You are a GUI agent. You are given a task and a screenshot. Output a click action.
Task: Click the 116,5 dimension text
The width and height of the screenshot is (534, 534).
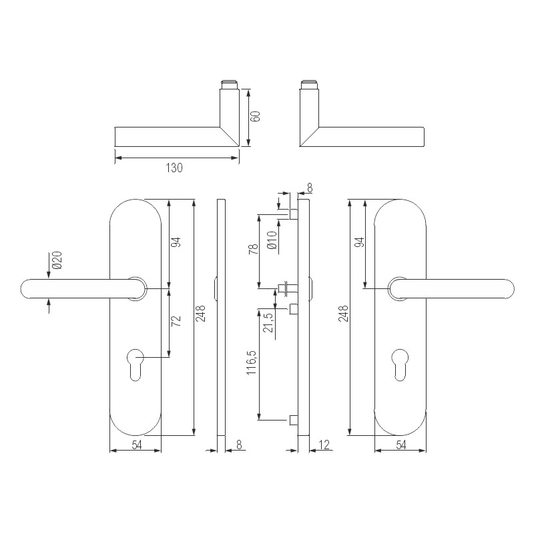pos(252,377)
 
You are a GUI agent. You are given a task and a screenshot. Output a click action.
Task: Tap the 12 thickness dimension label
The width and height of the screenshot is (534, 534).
pos(325,445)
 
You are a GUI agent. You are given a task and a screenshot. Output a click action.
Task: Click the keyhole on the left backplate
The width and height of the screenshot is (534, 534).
pos(136,363)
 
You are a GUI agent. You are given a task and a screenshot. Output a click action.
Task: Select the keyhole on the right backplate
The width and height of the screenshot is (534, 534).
pos(400,363)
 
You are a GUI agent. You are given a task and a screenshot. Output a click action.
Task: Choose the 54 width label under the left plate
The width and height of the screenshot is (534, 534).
pos(136,445)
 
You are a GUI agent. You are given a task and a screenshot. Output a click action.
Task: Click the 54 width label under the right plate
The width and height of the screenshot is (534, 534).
pos(400,445)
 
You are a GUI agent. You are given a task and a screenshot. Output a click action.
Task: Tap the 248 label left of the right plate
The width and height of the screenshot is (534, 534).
pos(343,314)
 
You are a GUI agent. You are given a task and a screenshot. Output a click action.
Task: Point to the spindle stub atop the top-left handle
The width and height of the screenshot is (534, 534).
pos(229,85)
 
